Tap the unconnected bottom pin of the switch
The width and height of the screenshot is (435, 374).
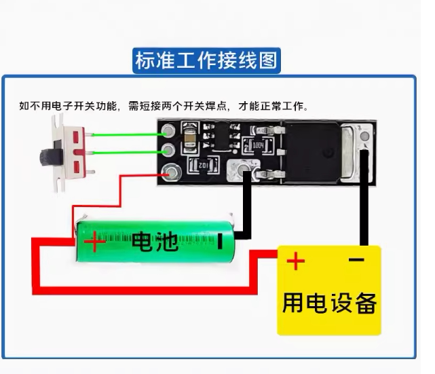pyautogui.click(x=91, y=172)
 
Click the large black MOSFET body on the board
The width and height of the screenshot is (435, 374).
pyautogui.click(x=311, y=153)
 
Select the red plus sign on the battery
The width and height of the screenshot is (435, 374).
pyautogui.click(x=95, y=242)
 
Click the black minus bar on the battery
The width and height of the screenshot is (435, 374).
pyautogui.click(x=220, y=242)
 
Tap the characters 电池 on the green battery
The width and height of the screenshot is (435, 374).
pyautogui.click(x=155, y=242)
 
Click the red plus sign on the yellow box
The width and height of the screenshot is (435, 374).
pyautogui.click(x=295, y=261)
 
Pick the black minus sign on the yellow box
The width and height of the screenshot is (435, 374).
pyautogui.click(x=356, y=260)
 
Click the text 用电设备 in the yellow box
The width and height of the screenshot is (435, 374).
pyautogui.click(x=330, y=303)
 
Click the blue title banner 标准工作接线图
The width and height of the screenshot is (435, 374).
pyautogui.click(x=207, y=61)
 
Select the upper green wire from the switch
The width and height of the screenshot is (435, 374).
pyautogui.click(x=129, y=135)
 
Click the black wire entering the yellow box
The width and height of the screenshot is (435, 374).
pyautogui.click(x=364, y=198)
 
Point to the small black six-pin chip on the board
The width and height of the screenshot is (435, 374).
pyautogui.click(x=222, y=136)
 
